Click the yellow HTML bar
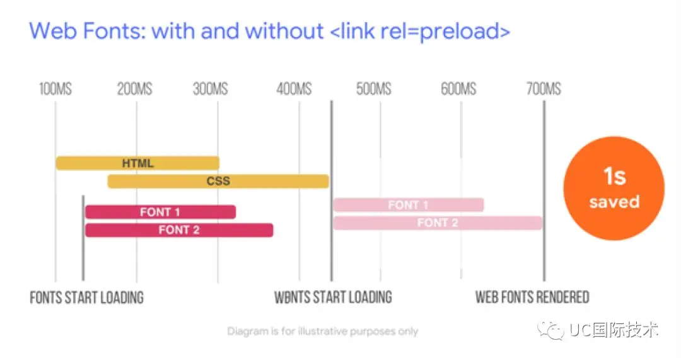(137, 163)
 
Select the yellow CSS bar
(218, 182)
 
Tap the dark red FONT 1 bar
(160, 212)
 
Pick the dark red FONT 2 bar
(179, 230)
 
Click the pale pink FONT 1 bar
(408, 205)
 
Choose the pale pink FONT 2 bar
(437, 223)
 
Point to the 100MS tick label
(55, 89)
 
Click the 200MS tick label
(134, 89)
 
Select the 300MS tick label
(211, 89)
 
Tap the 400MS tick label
(294, 89)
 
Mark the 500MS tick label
(374, 89)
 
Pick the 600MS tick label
(458, 89)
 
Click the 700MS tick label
(544, 89)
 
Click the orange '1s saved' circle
(614, 187)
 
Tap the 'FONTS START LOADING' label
(86, 298)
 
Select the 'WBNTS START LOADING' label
(333, 297)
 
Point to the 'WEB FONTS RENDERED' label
(532, 297)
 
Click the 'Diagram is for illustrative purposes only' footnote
(322, 331)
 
